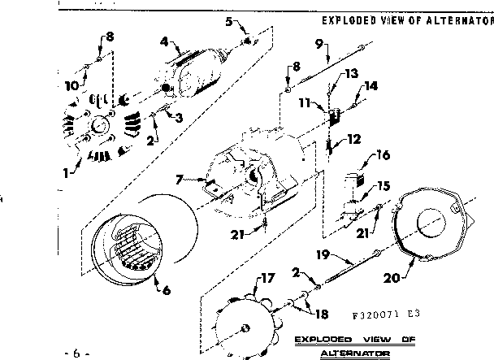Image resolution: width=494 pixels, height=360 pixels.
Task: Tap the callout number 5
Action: pyautogui.click(x=229, y=21)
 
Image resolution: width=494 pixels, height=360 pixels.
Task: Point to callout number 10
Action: pyautogui.click(x=71, y=83)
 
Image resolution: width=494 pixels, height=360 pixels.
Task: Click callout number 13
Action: pyautogui.click(x=352, y=72)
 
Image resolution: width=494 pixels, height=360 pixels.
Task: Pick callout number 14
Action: pyautogui.click(x=370, y=85)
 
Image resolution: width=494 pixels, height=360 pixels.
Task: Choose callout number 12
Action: pyautogui.click(x=354, y=139)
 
